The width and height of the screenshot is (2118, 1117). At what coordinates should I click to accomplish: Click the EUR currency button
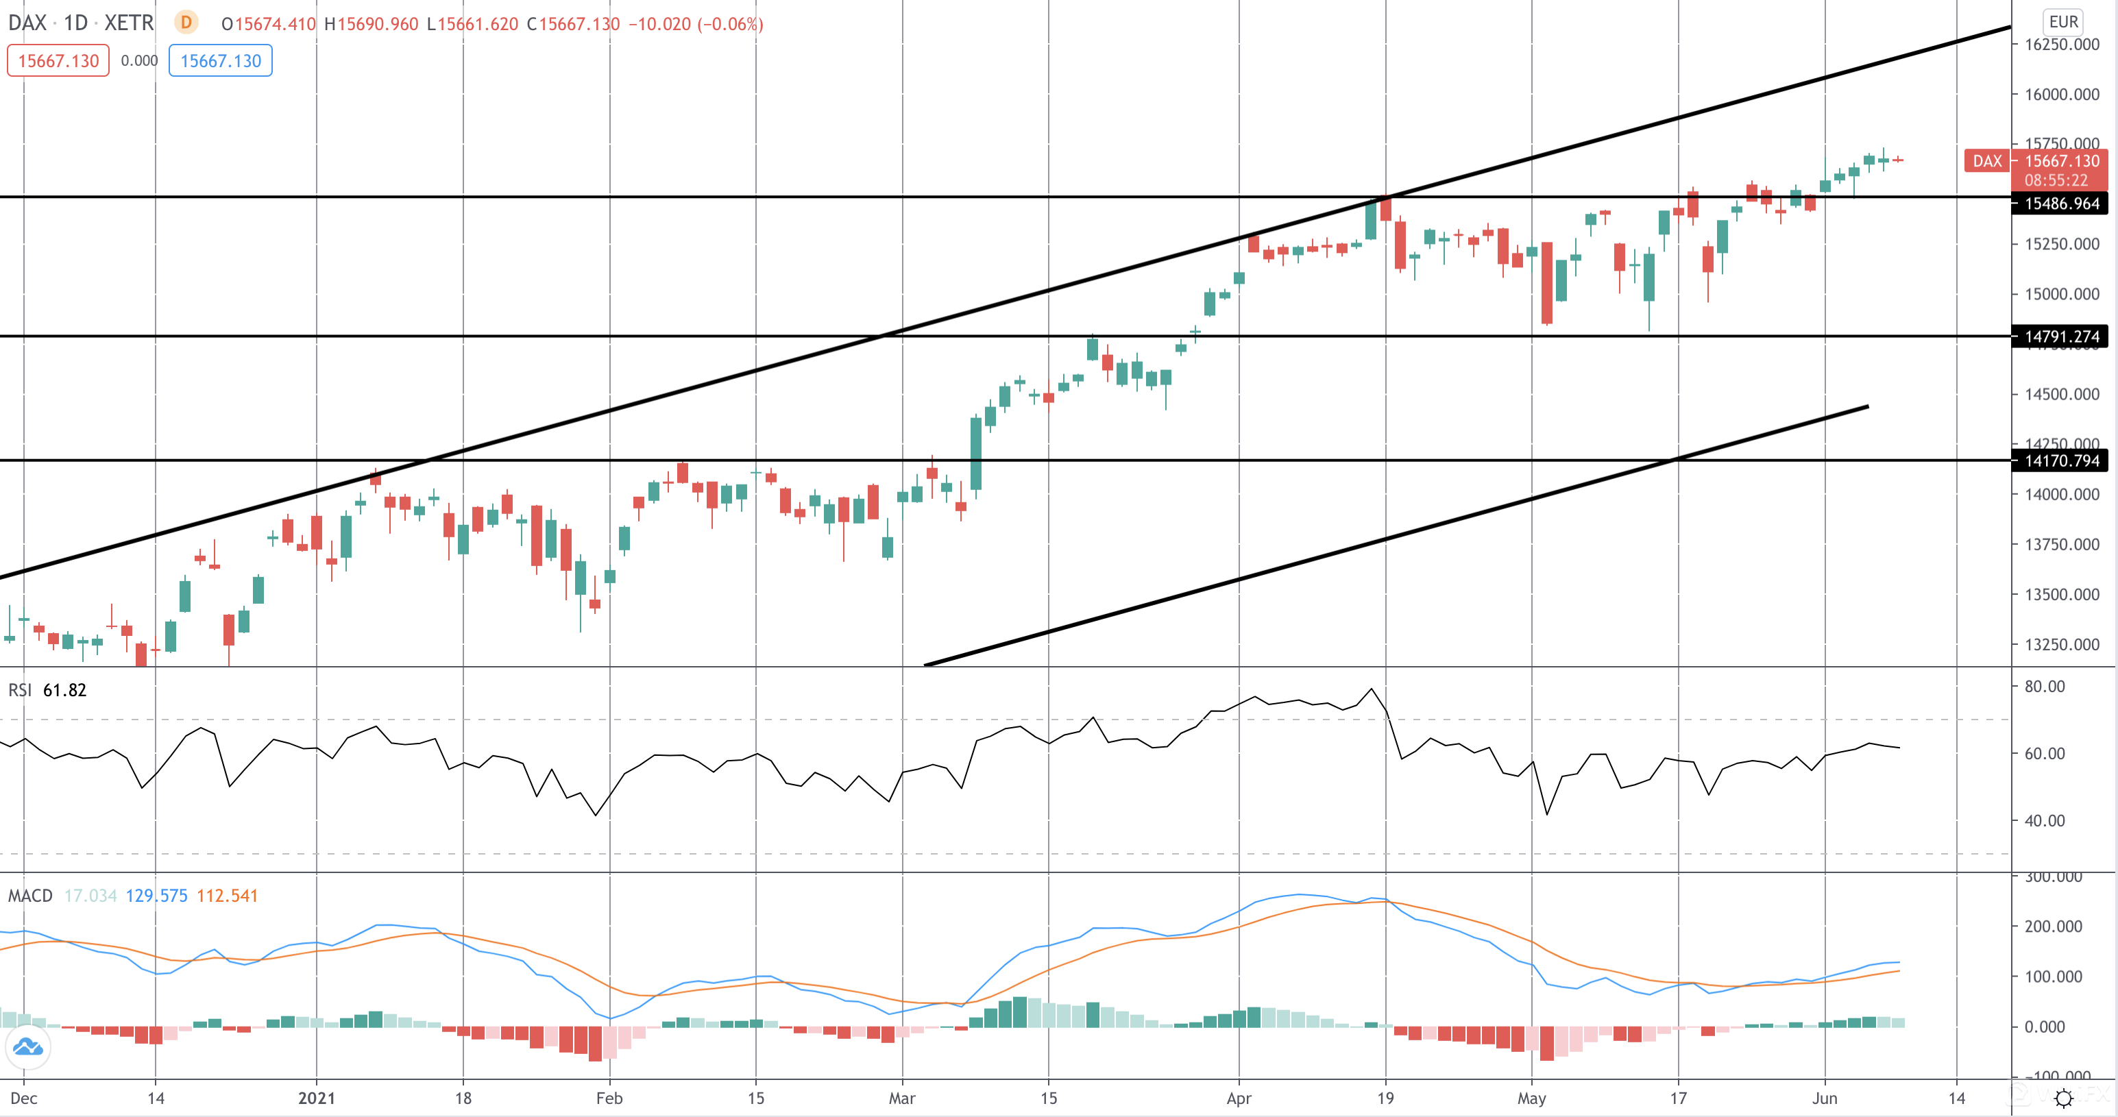2063,22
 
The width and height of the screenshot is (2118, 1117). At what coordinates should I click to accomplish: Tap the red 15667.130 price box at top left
58,61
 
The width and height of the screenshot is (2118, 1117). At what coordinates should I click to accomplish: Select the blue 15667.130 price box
220,61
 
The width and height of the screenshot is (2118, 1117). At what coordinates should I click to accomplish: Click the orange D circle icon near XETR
186,22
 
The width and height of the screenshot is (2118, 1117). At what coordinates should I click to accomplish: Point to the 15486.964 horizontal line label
2060,204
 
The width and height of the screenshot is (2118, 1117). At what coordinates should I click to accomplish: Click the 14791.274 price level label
2060,336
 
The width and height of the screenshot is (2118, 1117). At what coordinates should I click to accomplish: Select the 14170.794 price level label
2060,461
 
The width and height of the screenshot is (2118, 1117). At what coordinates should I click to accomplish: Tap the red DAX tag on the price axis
1986,161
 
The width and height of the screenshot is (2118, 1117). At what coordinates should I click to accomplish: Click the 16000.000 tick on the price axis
2060,95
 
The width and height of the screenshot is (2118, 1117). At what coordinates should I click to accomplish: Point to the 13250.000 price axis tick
2060,644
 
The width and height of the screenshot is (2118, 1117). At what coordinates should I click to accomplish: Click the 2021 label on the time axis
317,1098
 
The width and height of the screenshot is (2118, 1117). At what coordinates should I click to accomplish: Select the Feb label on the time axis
609,1098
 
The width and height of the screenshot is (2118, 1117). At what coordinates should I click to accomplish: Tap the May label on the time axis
1531,1098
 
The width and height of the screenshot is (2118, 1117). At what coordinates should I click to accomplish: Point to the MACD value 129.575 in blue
156,896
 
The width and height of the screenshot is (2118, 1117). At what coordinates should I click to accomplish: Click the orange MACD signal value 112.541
227,896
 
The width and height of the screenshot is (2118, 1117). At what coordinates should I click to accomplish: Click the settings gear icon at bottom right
2063,1098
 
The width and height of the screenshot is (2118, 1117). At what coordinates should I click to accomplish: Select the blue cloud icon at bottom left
28,1047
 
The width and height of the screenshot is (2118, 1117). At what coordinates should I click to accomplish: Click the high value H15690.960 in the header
372,24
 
